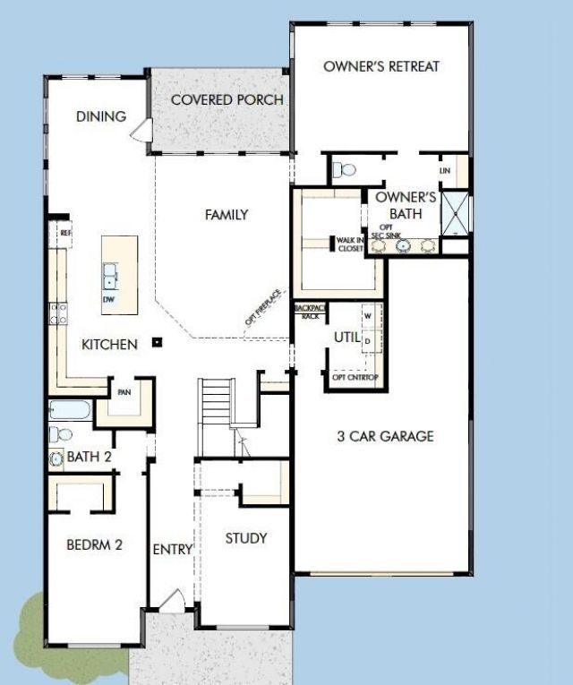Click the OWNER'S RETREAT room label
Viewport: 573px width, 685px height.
[381, 66]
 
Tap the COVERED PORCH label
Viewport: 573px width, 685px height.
[227, 99]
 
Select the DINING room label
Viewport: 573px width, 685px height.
[101, 116]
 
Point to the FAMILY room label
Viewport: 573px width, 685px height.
[227, 215]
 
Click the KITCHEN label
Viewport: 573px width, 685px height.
[109, 344]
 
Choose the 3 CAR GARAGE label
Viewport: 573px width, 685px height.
[385, 436]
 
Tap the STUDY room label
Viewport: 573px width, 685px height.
[245, 538]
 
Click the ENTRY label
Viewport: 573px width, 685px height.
[173, 549]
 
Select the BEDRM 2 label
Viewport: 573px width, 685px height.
[94, 544]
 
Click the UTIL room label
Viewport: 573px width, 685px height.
[346, 337]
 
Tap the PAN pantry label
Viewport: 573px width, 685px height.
[124, 392]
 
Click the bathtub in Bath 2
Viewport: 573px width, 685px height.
[69, 412]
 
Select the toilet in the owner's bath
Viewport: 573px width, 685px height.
[343, 168]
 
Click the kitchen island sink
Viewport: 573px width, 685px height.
[109, 272]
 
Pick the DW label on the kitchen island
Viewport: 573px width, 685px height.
[108, 299]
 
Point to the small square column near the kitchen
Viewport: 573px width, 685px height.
[157, 341]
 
